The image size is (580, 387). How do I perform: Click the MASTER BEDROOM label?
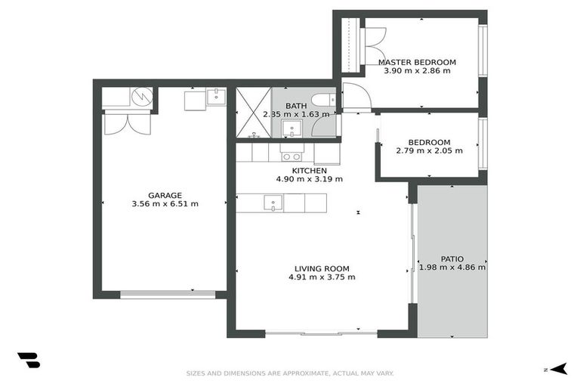pos(417,62)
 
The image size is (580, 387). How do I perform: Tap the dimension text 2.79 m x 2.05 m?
pos(429,151)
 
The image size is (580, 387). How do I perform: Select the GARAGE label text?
pos(165,195)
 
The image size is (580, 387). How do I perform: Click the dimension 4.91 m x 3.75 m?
pos(322,277)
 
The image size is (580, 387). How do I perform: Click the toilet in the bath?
pos(322,101)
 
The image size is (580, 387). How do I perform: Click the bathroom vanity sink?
pos(291,129)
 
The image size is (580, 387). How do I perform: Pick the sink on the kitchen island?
pos(272,203)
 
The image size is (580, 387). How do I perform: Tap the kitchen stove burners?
pos(292,157)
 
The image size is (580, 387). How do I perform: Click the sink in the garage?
pos(216,96)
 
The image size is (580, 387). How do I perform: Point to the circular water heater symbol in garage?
pos(141,97)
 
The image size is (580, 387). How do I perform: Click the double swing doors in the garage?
pos(127,124)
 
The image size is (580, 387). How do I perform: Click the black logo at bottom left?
pos(28,361)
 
